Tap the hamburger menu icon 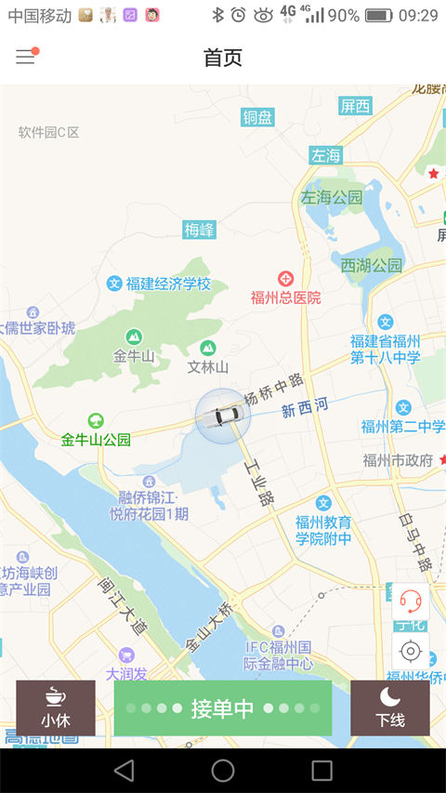click(25, 57)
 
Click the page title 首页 click(223, 58)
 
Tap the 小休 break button click(56, 708)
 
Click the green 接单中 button click(223, 708)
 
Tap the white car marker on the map click(223, 416)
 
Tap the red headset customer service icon click(411, 601)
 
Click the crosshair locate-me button click(411, 651)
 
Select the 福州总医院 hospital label click(286, 297)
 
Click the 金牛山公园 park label click(96, 439)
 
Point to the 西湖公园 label click(372, 266)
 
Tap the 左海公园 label click(332, 197)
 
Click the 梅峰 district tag click(199, 230)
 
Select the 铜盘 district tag click(258, 117)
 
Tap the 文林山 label click(208, 366)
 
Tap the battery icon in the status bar click(378, 15)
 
